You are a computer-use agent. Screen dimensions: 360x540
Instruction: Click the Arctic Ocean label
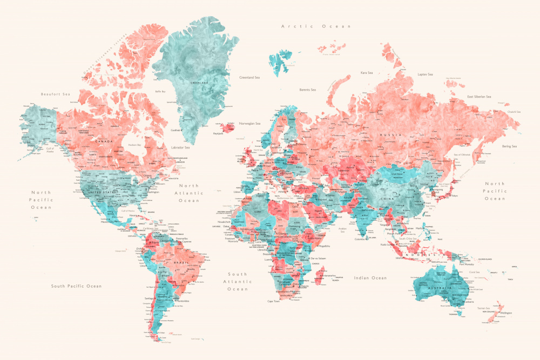[x=316, y=26]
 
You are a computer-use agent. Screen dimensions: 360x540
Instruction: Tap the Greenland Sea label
[x=250, y=77]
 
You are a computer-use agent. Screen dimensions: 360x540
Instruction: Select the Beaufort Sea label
[x=56, y=94]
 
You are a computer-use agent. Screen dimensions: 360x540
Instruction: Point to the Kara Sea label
[x=367, y=72]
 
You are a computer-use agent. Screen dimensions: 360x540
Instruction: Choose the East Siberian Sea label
[x=479, y=97]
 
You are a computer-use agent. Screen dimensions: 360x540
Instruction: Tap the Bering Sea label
[x=509, y=146]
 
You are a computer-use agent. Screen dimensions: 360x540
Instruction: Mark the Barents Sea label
[x=307, y=90]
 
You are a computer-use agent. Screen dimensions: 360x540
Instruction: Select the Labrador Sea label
[x=180, y=147]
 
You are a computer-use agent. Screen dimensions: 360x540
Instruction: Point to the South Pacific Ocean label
[x=76, y=286]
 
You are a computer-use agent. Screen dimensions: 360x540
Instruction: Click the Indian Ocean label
[x=370, y=277]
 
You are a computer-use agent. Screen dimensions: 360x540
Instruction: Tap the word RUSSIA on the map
[x=390, y=134]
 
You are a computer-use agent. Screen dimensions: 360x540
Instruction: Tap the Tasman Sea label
[x=483, y=308]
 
